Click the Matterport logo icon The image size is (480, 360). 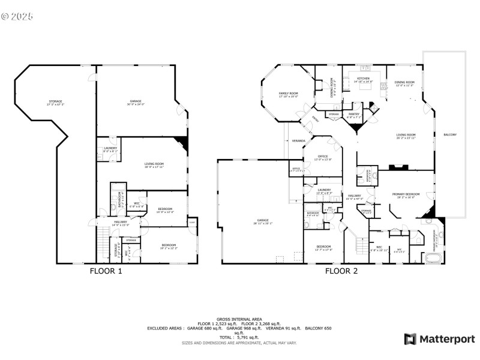(410, 339)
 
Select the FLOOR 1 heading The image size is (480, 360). (106, 271)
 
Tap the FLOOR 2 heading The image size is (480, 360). (341, 271)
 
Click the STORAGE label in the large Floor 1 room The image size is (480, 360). (55, 103)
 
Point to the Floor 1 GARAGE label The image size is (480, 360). (136, 102)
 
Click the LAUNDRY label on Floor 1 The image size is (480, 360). (110, 149)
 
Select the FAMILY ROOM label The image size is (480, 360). (289, 94)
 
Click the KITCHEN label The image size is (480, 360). (364, 79)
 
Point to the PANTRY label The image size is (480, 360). (354, 115)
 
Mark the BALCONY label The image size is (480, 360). (450, 134)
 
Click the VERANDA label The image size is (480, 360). (298, 141)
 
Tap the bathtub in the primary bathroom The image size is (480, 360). (433, 259)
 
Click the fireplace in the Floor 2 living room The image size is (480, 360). (395, 169)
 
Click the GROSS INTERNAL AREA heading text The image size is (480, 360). (239, 319)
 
